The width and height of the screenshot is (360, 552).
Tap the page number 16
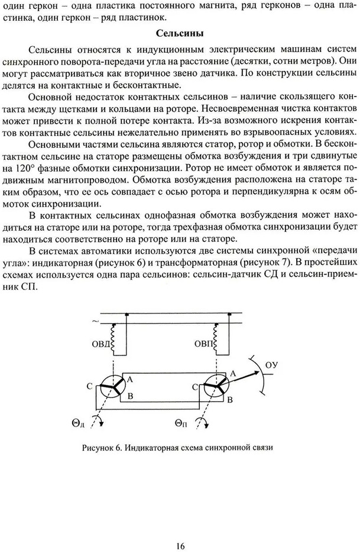[180, 529]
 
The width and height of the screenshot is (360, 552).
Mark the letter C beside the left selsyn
[89, 387]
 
